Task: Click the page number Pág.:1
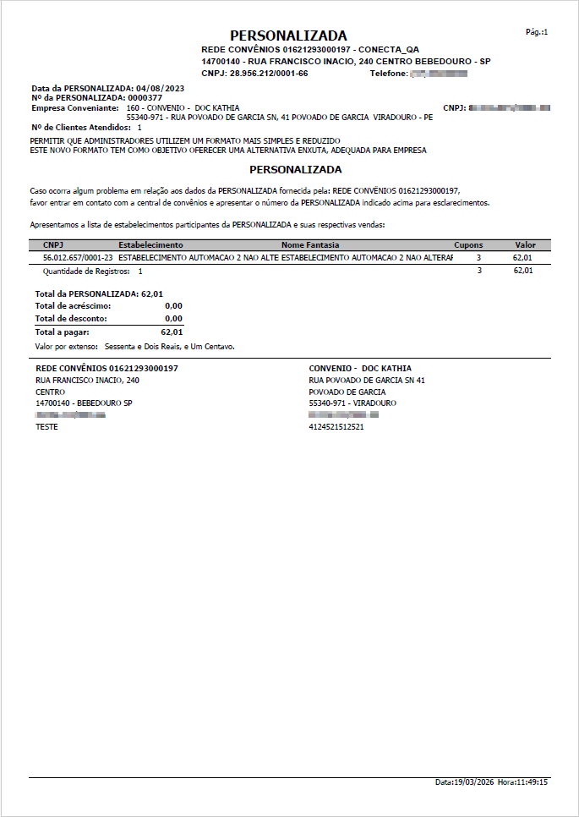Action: (537, 32)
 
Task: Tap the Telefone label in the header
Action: (389, 74)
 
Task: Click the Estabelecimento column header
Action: (150, 244)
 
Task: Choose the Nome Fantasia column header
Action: (310, 244)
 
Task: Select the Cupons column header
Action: (468, 244)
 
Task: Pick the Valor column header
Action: (525, 244)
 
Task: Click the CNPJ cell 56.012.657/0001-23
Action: (78, 256)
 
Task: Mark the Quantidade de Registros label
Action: (86, 271)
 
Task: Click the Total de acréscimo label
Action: (73, 305)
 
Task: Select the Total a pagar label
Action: (62, 332)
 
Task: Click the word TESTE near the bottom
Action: (46, 427)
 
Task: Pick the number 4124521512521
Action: (336, 427)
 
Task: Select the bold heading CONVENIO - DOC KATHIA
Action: (360, 369)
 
